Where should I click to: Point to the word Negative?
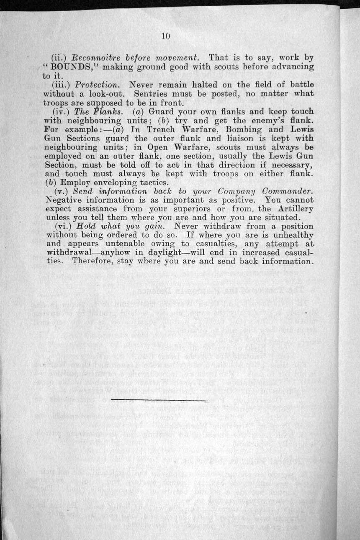click(x=64, y=200)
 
